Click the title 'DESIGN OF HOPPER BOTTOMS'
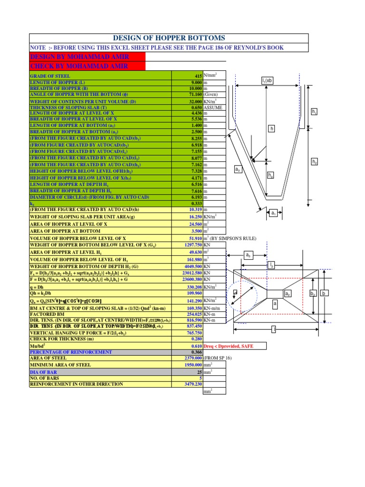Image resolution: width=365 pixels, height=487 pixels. coord(168,38)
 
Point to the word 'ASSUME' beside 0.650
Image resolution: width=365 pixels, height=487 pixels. coord(213,107)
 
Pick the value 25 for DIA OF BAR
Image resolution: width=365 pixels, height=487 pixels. coord(199,371)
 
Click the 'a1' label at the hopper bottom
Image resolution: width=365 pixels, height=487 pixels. coord(273,214)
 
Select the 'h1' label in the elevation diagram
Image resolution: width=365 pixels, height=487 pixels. coord(314,112)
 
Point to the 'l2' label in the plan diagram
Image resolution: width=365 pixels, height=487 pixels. coord(271,264)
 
